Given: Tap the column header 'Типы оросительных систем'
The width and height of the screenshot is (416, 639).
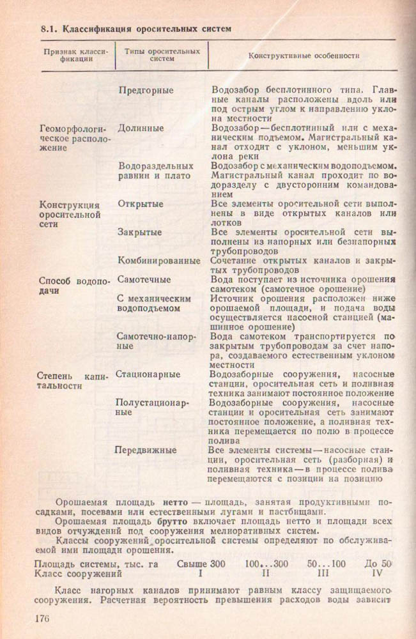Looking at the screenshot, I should click(x=162, y=54).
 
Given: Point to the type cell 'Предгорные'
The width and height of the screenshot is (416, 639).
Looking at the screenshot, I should click(x=146, y=90).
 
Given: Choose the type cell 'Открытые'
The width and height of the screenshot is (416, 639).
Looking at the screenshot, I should click(x=141, y=204).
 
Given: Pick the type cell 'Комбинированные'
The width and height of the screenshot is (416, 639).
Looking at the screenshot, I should click(x=159, y=261).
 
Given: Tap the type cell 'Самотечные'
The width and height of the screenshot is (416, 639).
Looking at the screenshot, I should click(x=144, y=279).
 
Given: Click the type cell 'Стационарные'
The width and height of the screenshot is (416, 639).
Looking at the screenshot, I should click(x=148, y=374).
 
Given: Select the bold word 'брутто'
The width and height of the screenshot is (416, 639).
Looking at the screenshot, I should click(x=173, y=522).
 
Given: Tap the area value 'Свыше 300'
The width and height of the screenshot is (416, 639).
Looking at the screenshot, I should click(x=201, y=564).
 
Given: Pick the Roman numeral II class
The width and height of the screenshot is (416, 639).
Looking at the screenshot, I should click(x=266, y=574).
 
